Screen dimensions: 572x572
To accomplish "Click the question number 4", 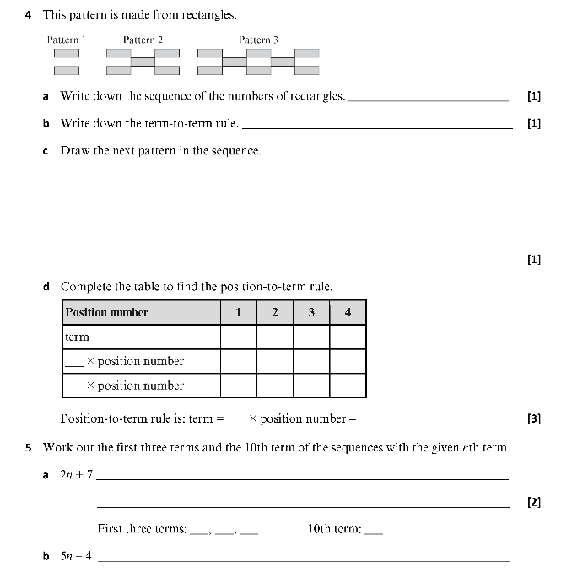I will (30, 15).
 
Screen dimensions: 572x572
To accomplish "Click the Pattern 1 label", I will (67, 40).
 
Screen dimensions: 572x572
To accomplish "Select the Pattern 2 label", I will (143, 40).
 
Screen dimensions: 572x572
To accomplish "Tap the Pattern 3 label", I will (258, 40).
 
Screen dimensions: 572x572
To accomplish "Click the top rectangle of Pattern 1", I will (67, 53).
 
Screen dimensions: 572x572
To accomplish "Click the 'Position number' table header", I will (106, 312).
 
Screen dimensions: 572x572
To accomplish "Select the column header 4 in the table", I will (348, 312).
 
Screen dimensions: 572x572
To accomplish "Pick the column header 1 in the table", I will (239, 312).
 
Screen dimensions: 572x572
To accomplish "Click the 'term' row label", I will (77, 337).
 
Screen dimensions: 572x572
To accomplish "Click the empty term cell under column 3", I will (311, 337).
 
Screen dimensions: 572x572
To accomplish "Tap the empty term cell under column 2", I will (275, 337).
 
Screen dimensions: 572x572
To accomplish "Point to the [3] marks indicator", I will (533, 418).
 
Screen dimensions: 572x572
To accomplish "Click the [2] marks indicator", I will (533, 503).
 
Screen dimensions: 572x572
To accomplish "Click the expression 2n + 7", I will (76, 475).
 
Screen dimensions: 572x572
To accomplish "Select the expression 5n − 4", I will (76, 557).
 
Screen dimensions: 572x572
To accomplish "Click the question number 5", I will (30, 447).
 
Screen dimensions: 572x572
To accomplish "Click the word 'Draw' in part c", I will (75, 151).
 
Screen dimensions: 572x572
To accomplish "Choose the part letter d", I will (46, 287).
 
